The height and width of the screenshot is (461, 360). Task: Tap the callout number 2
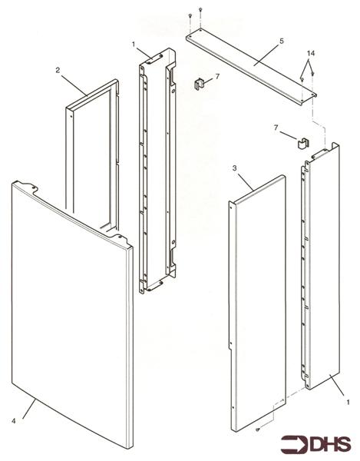click(58, 70)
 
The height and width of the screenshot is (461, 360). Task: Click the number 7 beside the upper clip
click(217, 77)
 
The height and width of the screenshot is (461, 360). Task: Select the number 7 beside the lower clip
click(276, 128)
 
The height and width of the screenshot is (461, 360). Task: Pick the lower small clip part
click(302, 141)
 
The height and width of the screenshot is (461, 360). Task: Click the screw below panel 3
click(259, 429)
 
